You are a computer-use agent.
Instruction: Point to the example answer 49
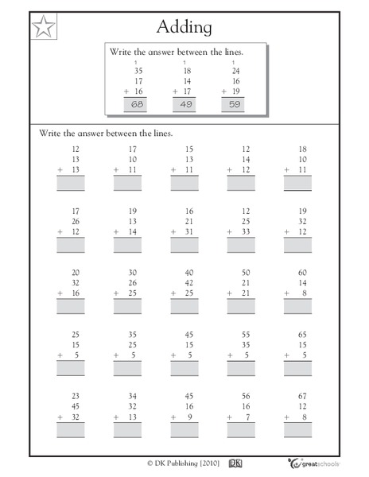point(186,106)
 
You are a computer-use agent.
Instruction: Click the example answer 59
point(234,106)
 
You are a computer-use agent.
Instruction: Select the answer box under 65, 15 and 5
point(298,368)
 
